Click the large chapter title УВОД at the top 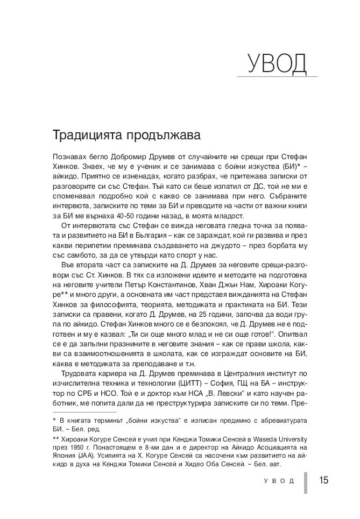click(x=277, y=64)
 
